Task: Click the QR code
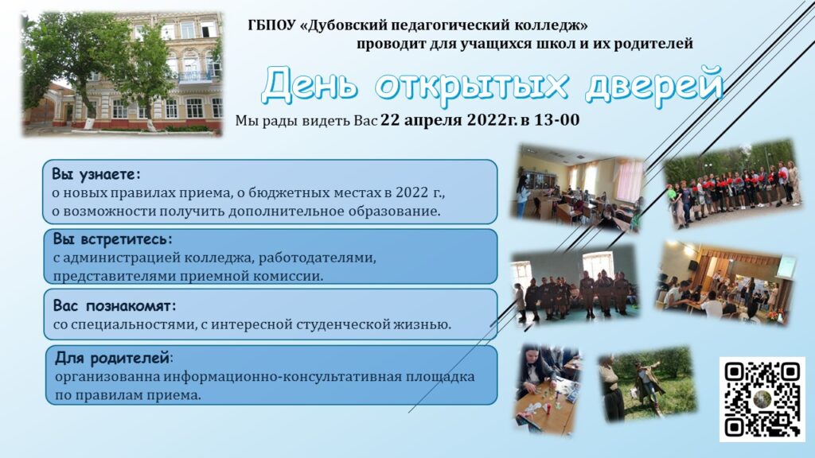762,399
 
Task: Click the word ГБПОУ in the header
272,25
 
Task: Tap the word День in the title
310,84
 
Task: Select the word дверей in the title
654,83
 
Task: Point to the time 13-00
556,120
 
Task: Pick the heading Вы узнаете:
96,174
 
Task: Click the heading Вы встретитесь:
112,239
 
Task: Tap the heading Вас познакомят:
115,305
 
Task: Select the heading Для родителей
113,358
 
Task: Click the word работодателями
317,258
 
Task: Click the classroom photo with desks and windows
578,188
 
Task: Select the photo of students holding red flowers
733,184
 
